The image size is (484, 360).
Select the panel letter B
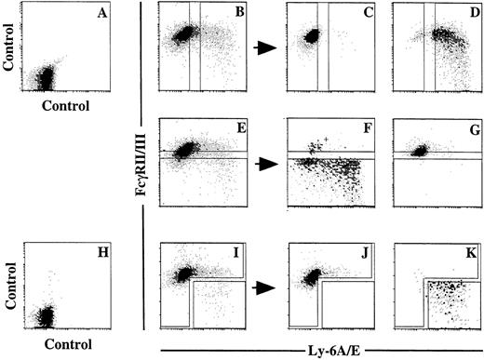coord(239,15)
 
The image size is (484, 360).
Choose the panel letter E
coord(239,132)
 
